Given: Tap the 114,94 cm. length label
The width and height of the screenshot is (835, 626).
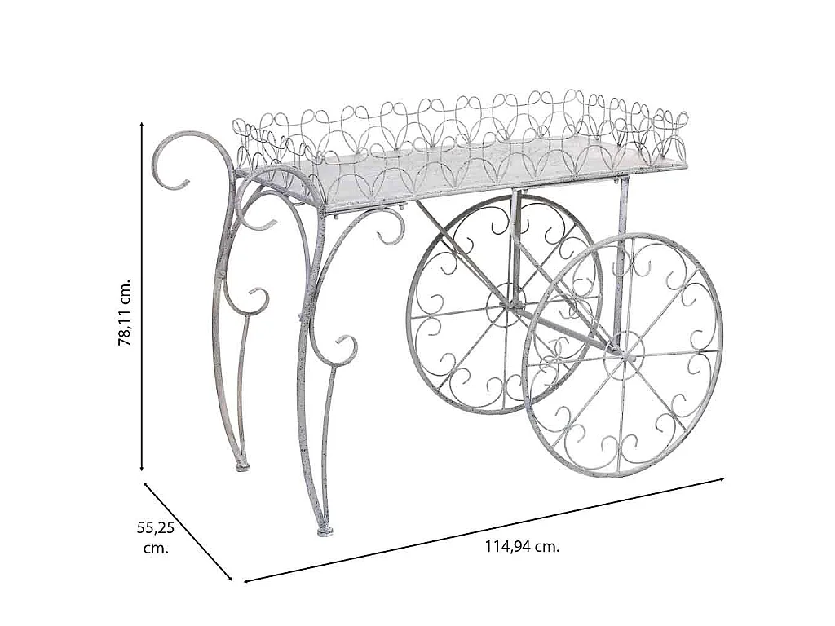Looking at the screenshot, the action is [x=523, y=546].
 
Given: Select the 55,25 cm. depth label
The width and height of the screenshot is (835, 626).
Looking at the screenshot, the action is [x=156, y=538].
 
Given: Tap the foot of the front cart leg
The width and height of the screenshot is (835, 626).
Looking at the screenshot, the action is [x=325, y=531].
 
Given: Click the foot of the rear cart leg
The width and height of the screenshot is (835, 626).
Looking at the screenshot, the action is [x=243, y=466].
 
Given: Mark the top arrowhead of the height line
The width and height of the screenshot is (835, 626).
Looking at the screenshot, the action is [x=142, y=124].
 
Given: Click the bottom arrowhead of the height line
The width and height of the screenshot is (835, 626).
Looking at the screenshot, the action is [x=142, y=469].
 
